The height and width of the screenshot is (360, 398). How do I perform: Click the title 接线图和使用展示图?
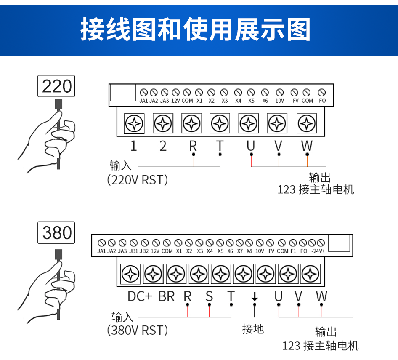pos(195,29)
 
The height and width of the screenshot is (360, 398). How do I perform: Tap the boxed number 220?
pos(56,86)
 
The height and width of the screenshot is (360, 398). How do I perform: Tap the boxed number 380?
pos(56,233)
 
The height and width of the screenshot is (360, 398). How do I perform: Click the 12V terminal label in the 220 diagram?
pos(175,101)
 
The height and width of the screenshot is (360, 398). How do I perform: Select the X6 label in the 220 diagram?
pos(265,101)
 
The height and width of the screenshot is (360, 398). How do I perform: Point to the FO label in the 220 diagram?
pos(322,101)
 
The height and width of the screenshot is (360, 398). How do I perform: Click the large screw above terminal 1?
pos(134,124)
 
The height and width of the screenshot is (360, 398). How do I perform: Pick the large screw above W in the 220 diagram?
pos(307,124)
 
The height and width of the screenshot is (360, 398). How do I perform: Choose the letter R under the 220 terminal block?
pos(193,146)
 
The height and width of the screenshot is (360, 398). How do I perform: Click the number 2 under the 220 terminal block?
pos(163,146)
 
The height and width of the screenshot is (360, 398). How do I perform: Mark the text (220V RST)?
pos(137,180)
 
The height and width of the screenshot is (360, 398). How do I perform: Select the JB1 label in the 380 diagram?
pos(134,251)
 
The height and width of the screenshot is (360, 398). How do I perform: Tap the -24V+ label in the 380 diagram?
pos(318,251)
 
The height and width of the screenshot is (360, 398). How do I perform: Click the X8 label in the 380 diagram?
pos(249,251)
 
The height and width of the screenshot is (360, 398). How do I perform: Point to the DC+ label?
pos(140,296)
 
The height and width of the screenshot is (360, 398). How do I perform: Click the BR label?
pos(167,296)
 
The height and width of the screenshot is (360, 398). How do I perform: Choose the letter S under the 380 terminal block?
pos(209,296)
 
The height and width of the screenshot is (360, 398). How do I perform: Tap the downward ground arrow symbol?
pos(255,296)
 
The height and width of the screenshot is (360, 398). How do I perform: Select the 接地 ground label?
pos(253,329)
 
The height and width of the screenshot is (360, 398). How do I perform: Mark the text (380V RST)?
pos(137,330)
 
